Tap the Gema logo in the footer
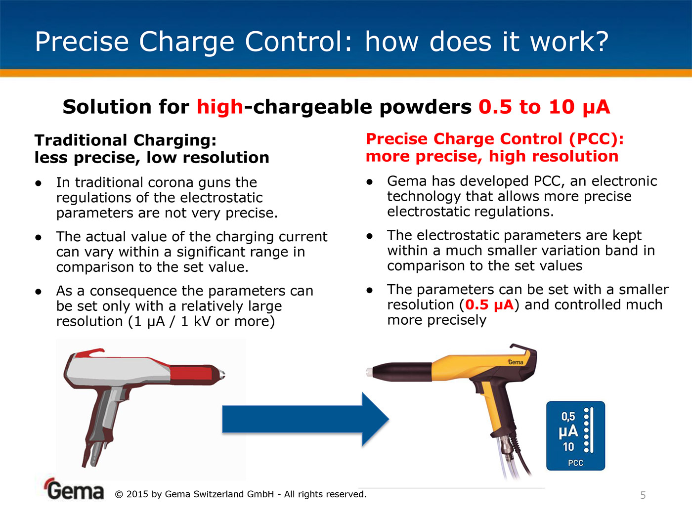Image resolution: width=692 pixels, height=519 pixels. pos(75,489)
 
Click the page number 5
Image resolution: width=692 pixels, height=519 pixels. pos(643,495)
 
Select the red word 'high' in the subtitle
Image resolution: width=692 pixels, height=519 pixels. pos(220,107)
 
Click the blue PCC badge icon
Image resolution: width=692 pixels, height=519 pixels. pos(575,436)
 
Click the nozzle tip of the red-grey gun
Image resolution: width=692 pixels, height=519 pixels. pos(222,374)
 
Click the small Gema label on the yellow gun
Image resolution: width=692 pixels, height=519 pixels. pos(516,362)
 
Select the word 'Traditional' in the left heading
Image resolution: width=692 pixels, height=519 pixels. pos(81,140)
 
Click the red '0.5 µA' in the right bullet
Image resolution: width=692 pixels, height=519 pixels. pos(489,304)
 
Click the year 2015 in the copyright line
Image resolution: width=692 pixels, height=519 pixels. pos(137,494)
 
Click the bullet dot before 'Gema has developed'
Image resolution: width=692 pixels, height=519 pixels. pos(370,182)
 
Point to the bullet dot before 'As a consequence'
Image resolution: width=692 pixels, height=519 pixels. pos(39,292)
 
